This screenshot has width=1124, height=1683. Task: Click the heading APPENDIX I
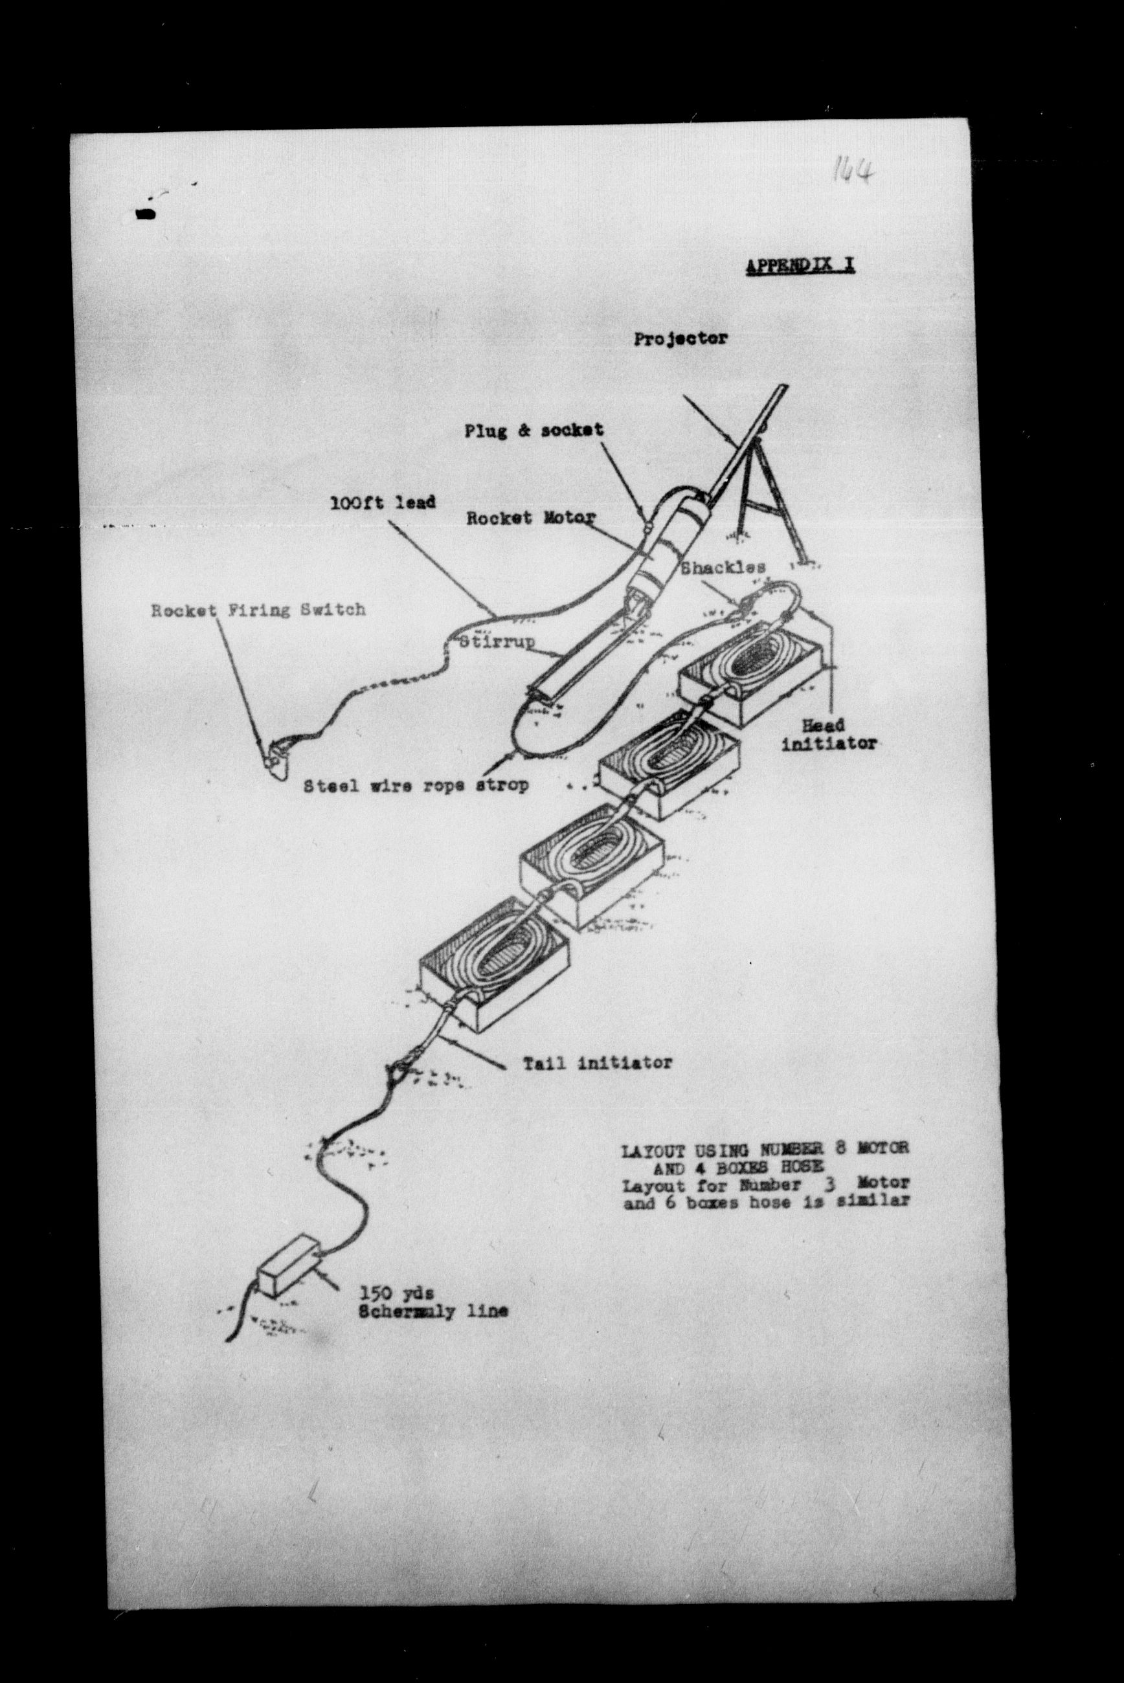click(800, 266)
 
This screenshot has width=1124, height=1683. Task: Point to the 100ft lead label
click(382, 502)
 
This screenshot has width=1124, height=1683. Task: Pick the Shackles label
click(723, 568)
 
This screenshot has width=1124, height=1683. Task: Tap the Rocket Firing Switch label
click(258, 610)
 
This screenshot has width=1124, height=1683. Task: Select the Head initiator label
click(829, 735)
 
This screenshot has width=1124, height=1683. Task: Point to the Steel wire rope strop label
click(416, 785)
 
